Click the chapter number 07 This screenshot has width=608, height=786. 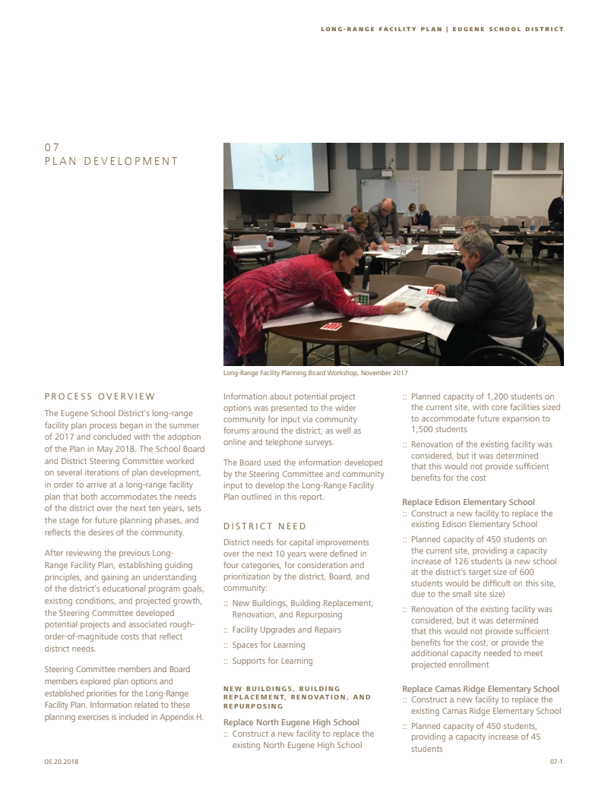tap(51, 147)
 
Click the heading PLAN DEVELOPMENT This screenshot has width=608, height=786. tap(111, 161)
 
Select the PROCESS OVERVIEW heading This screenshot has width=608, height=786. tap(100, 396)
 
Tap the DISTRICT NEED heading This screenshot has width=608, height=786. tap(264, 526)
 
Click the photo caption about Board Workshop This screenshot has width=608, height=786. tap(315, 373)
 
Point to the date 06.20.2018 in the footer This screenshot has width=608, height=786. tap(62, 761)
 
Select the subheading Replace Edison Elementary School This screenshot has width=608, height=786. tap(468, 502)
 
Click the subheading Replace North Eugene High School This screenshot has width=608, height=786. tap(291, 722)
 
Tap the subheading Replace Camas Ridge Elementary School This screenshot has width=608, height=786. tap(480, 689)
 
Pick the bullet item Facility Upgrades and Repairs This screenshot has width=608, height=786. tap(287, 630)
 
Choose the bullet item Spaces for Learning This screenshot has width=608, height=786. tap(268, 646)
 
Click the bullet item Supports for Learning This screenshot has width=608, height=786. tap(272, 661)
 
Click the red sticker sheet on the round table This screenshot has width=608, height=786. tap(331, 327)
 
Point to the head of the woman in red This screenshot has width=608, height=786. tap(347, 250)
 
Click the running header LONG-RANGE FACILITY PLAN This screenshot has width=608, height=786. tap(383, 30)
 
